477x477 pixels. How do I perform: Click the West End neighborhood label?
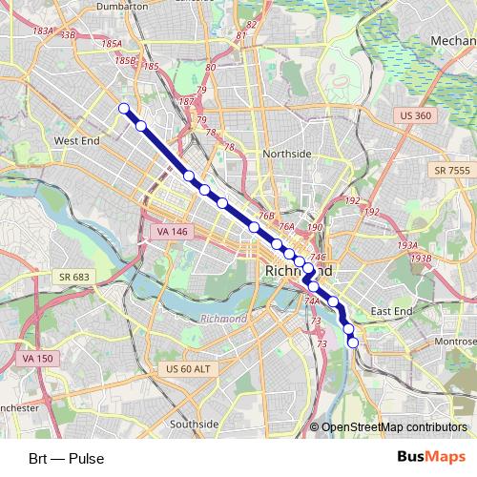pos(77,140)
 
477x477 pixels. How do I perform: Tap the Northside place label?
pos(286,154)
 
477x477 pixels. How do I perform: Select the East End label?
pos(392,311)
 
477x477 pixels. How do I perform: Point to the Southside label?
pos(195,424)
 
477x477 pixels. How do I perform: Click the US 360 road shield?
pos(415,115)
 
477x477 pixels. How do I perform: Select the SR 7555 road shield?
pos(451,170)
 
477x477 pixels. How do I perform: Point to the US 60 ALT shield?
pos(187,370)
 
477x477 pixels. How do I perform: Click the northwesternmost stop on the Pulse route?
pos(123,108)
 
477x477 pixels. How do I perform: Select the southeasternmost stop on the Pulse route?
pos(353,342)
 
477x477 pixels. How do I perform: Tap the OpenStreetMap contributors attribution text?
pos(394,428)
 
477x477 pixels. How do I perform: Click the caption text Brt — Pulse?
pos(66,459)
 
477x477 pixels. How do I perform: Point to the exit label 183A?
pos(44,31)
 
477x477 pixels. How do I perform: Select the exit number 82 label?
pos(251,25)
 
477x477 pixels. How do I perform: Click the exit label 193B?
pos(421,258)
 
